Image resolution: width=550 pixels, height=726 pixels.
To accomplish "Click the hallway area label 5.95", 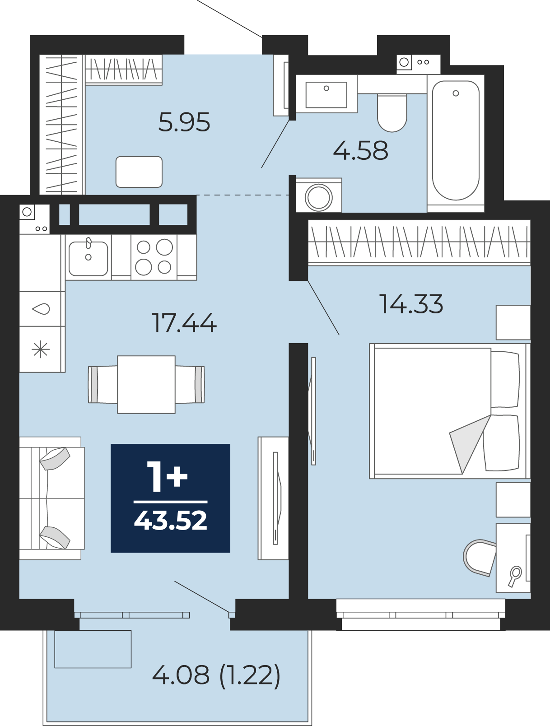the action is click(x=184, y=122).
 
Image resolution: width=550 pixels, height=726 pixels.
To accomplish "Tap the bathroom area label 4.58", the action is click(x=360, y=150).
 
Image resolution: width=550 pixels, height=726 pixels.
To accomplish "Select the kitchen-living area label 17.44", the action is click(x=184, y=323).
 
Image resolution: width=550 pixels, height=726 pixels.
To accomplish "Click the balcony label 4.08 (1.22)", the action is click(x=216, y=675).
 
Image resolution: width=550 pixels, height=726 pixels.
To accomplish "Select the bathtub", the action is click(x=456, y=141).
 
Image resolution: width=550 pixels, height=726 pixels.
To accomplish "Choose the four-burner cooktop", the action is click(x=154, y=257).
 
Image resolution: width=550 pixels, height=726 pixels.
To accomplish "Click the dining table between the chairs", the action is click(x=146, y=385).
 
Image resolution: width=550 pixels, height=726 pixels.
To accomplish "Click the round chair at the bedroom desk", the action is click(x=479, y=558).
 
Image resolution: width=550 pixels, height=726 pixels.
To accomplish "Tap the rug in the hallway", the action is click(x=139, y=172).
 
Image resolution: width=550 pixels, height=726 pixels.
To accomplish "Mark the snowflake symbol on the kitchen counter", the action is click(x=41, y=349).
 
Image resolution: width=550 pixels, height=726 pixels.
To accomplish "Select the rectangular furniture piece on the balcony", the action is click(x=93, y=649).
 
